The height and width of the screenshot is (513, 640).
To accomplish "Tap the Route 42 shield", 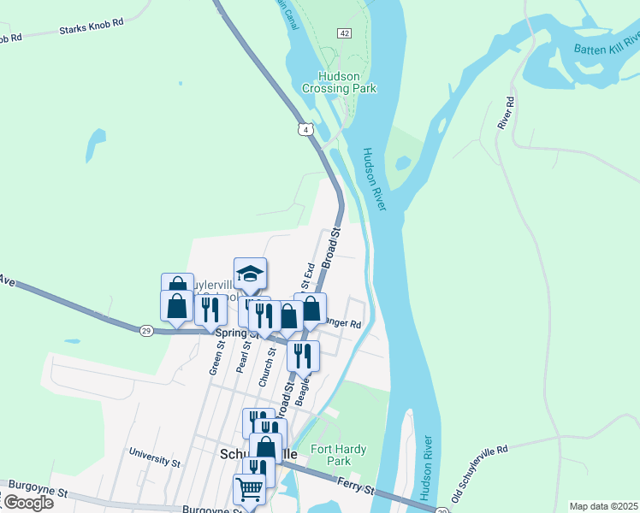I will [x=344, y=32].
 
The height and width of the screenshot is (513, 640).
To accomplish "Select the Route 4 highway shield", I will [x=305, y=129].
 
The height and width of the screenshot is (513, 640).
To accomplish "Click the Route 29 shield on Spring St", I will [x=146, y=329].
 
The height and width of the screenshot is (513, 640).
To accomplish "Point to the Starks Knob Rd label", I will [x=92, y=28].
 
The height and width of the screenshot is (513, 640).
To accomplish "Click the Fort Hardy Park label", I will [x=333, y=455].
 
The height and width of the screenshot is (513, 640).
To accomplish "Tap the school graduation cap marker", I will [x=250, y=274].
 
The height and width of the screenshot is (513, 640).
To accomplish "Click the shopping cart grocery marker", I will [x=249, y=489].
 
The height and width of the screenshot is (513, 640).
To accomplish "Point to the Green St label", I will [x=215, y=358].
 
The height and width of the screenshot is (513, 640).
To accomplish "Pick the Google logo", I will [x=27, y=503].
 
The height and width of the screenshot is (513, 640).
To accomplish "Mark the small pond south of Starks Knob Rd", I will [x=95, y=144].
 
